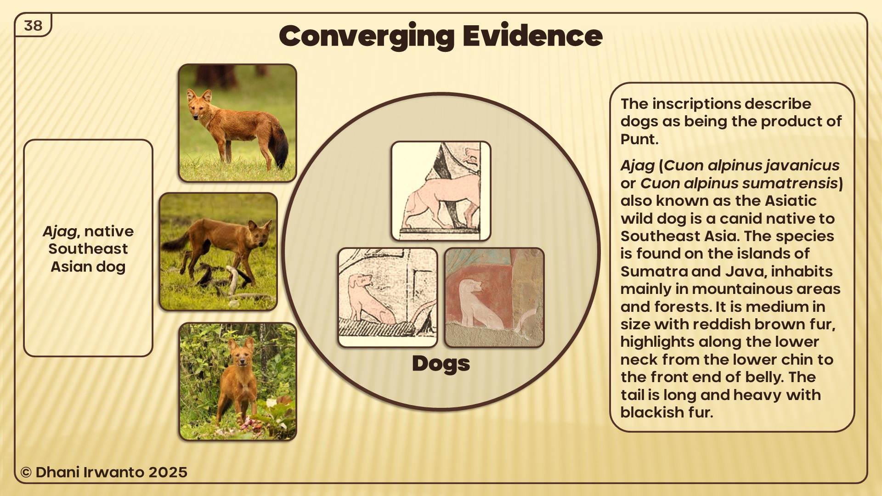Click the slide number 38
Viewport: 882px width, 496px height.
coord(33,25)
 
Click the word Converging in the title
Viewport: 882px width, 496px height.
coord(367,37)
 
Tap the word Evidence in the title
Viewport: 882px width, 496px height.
coord(532,35)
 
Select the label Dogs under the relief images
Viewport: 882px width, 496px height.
coord(441,364)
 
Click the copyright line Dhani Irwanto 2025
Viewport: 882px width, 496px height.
coord(104,472)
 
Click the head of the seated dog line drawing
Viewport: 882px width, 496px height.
coord(360,281)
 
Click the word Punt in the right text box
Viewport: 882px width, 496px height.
coord(639,139)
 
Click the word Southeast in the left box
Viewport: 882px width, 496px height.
coord(88,249)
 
